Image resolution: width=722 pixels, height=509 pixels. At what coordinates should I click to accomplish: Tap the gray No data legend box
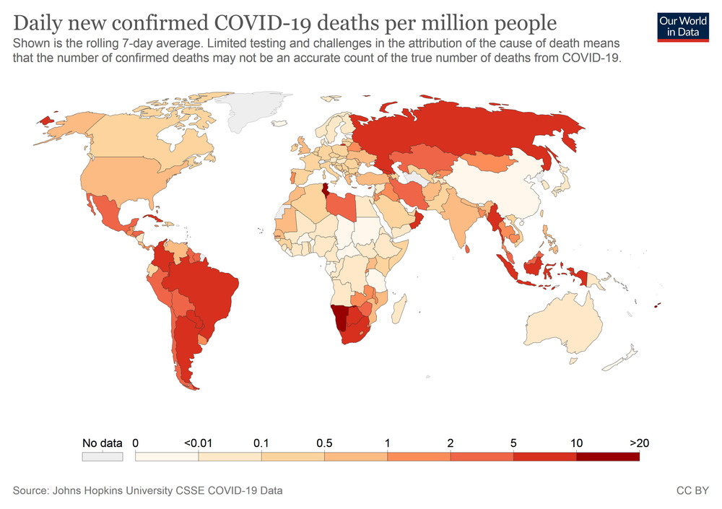[103, 457]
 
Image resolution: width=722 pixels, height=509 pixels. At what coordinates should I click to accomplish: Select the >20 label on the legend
[639, 443]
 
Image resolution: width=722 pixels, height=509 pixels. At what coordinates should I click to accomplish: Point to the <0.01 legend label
[198, 443]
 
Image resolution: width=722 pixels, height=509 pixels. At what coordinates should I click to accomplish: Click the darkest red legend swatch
[608, 456]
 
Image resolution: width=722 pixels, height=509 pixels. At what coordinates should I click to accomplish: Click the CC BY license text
[691, 491]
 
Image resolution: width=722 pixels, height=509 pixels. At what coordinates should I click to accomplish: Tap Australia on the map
[563, 325]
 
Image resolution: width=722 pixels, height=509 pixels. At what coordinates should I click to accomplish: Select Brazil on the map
[209, 289]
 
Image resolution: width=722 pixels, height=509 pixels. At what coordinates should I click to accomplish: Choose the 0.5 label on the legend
[324, 443]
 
